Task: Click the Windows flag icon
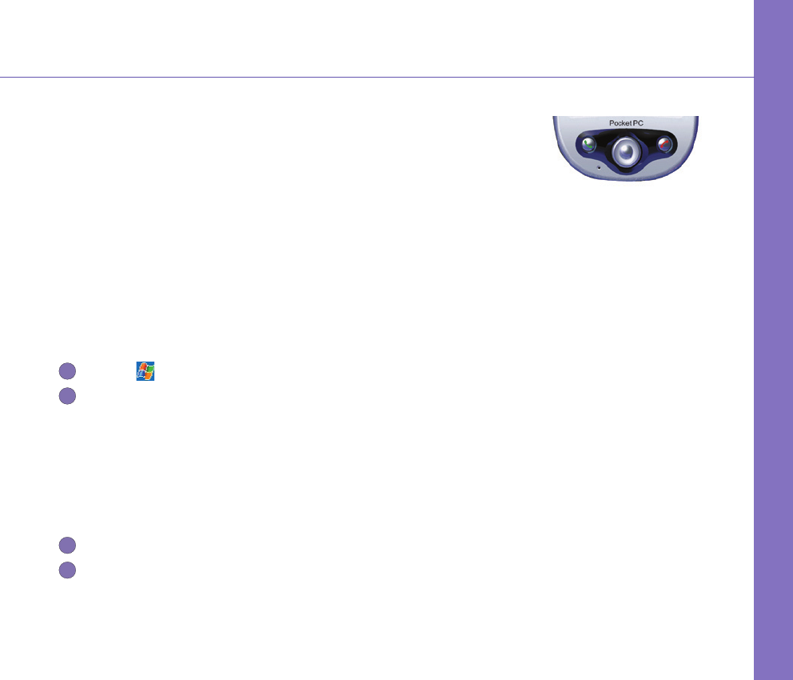(145, 370)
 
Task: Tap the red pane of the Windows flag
(141, 366)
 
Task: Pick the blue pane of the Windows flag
(141, 374)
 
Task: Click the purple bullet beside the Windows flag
(67, 370)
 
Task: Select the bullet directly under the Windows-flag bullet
(67, 394)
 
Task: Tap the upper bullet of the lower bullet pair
(67, 546)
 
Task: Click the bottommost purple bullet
(67, 570)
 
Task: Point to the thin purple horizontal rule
(376, 78)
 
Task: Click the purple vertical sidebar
(773, 340)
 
